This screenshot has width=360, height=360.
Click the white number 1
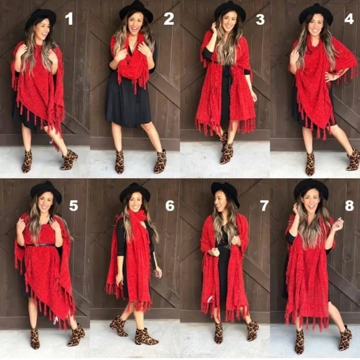coord(69,19)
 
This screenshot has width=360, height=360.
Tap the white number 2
coord(169,19)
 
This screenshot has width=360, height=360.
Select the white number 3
coord(260,19)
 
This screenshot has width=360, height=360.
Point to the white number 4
coord(349,18)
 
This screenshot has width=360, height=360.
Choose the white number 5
coord(73,205)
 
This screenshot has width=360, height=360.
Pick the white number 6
coord(170,205)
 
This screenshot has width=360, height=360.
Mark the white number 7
coord(264,205)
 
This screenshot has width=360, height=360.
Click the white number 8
coord(349,205)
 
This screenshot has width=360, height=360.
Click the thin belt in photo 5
coord(40,245)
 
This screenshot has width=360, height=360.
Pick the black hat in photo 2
coord(137,11)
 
